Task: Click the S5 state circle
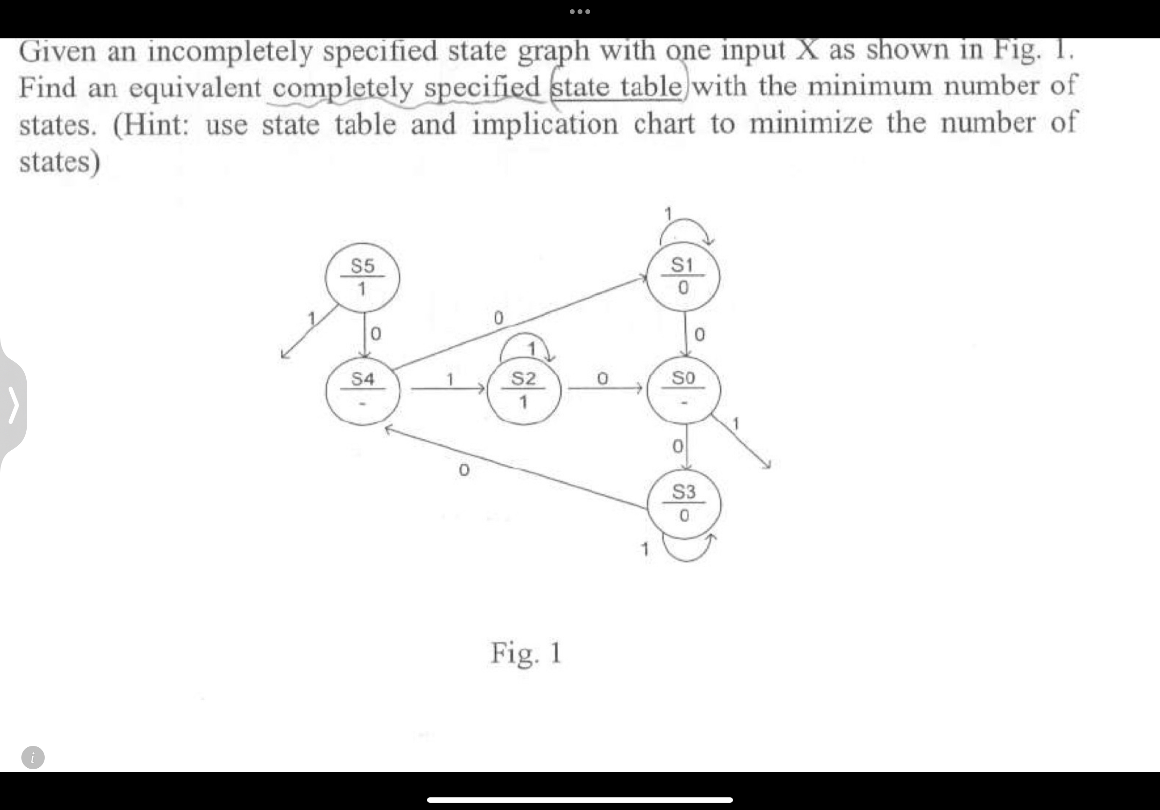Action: point(362,277)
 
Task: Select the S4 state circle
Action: point(362,389)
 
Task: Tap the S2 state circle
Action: point(524,389)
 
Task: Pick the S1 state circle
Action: point(683,276)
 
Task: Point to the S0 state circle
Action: point(683,389)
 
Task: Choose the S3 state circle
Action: point(683,504)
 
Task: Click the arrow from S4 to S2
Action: point(447,389)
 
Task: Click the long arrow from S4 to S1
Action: point(520,323)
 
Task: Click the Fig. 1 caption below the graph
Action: point(526,653)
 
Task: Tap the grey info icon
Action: point(33,758)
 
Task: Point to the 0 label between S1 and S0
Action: point(699,334)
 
